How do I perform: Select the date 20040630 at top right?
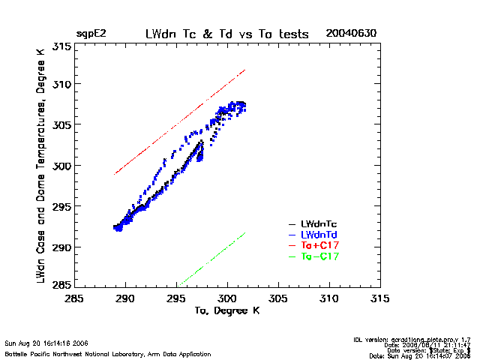pyautogui.click(x=351, y=34)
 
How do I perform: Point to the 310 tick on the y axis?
pyautogui.click(x=62, y=84)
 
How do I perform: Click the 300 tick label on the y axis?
pyautogui.click(x=62, y=166)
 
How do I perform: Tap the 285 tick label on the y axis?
pyautogui.click(x=62, y=284)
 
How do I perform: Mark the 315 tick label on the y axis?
pyautogui.click(x=62, y=47)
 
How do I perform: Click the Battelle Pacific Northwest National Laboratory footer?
pyautogui.click(x=107, y=353)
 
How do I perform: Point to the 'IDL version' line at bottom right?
pyautogui.click(x=412, y=340)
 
